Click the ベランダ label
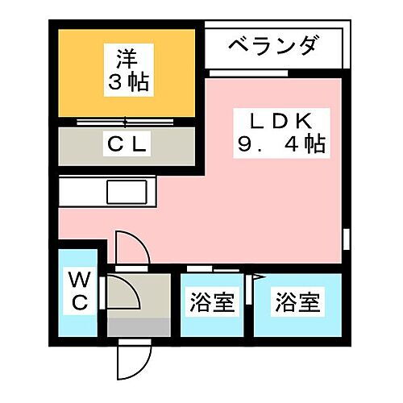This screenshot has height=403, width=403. click(x=272, y=46)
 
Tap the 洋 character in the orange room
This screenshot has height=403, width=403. click(x=127, y=59)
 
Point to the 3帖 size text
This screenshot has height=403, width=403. click(x=128, y=81)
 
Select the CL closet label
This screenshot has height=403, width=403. click(x=127, y=144)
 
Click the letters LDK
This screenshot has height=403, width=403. click(x=281, y=121)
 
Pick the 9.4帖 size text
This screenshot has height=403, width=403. click(x=281, y=144)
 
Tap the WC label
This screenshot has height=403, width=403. click(x=80, y=291)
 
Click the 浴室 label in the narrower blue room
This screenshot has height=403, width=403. click(x=212, y=302)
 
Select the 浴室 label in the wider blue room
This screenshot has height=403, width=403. click(x=298, y=302)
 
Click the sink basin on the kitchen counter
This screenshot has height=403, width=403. click(x=127, y=192)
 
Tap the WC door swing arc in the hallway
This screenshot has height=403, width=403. click(x=131, y=288)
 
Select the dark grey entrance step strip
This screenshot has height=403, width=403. click(x=139, y=327)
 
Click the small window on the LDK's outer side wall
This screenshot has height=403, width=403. click(x=347, y=239)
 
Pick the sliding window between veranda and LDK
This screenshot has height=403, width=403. click(x=248, y=73)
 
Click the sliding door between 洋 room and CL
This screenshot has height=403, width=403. click(x=125, y=123)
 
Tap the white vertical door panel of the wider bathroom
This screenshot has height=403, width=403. click(x=249, y=289)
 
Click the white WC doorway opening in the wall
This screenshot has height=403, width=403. click(x=102, y=293)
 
